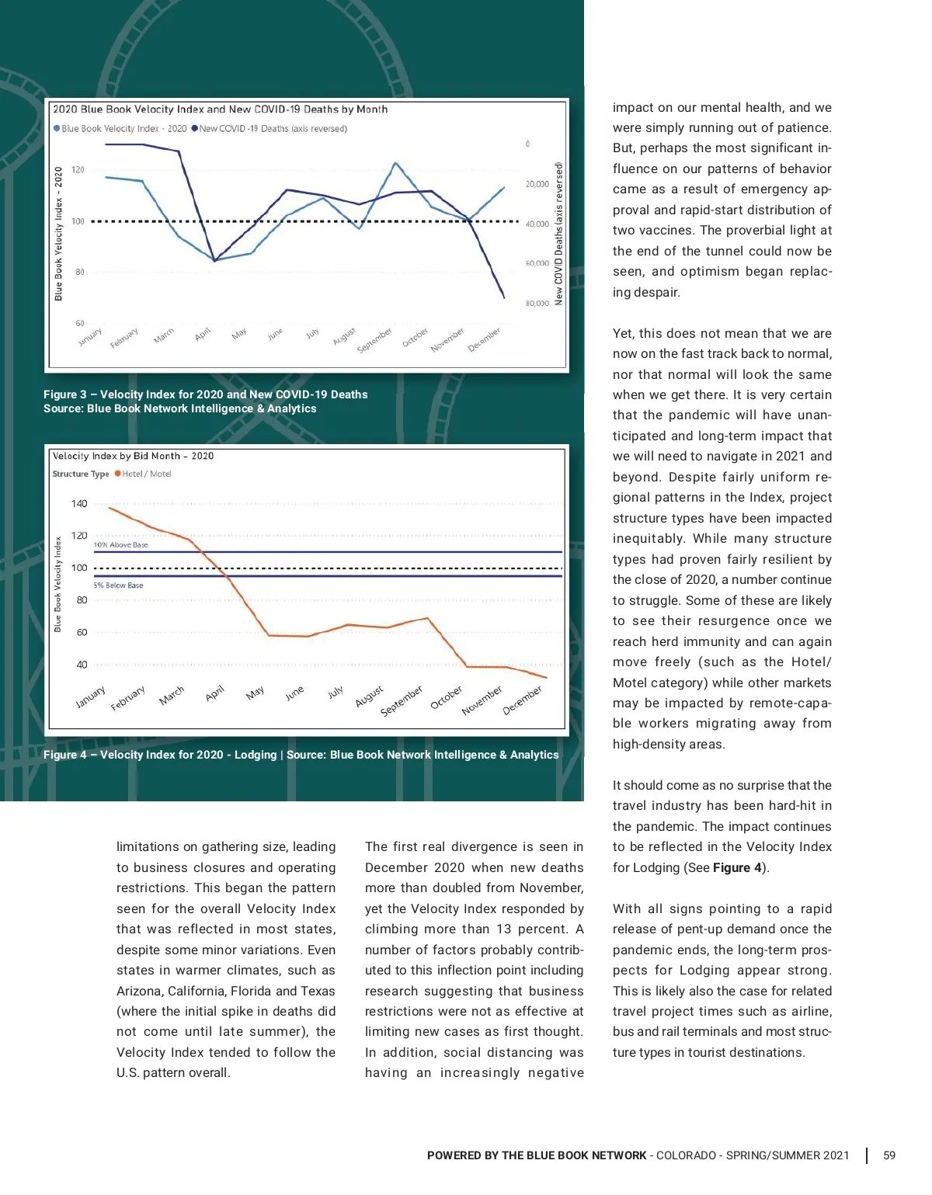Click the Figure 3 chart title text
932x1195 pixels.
[x=220, y=109]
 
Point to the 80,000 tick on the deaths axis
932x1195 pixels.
[x=537, y=304]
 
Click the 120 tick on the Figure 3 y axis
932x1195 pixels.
[x=78, y=169]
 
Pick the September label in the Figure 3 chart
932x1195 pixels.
[x=375, y=340]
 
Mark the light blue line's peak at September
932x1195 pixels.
[x=395, y=163]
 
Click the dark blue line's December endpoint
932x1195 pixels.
[x=504, y=297]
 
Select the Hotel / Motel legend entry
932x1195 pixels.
[x=145, y=474]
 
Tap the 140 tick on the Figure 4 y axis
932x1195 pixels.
[x=79, y=504]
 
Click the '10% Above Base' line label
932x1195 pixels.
[x=120, y=545]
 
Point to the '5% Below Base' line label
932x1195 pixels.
[x=118, y=585]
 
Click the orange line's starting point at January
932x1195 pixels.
[x=109, y=507]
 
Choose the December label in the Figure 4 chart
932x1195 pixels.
[x=522, y=700]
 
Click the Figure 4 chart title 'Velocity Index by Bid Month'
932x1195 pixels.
[x=133, y=456]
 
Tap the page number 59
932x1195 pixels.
[x=889, y=1155]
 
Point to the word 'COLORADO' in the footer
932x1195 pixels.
[x=686, y=1155]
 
